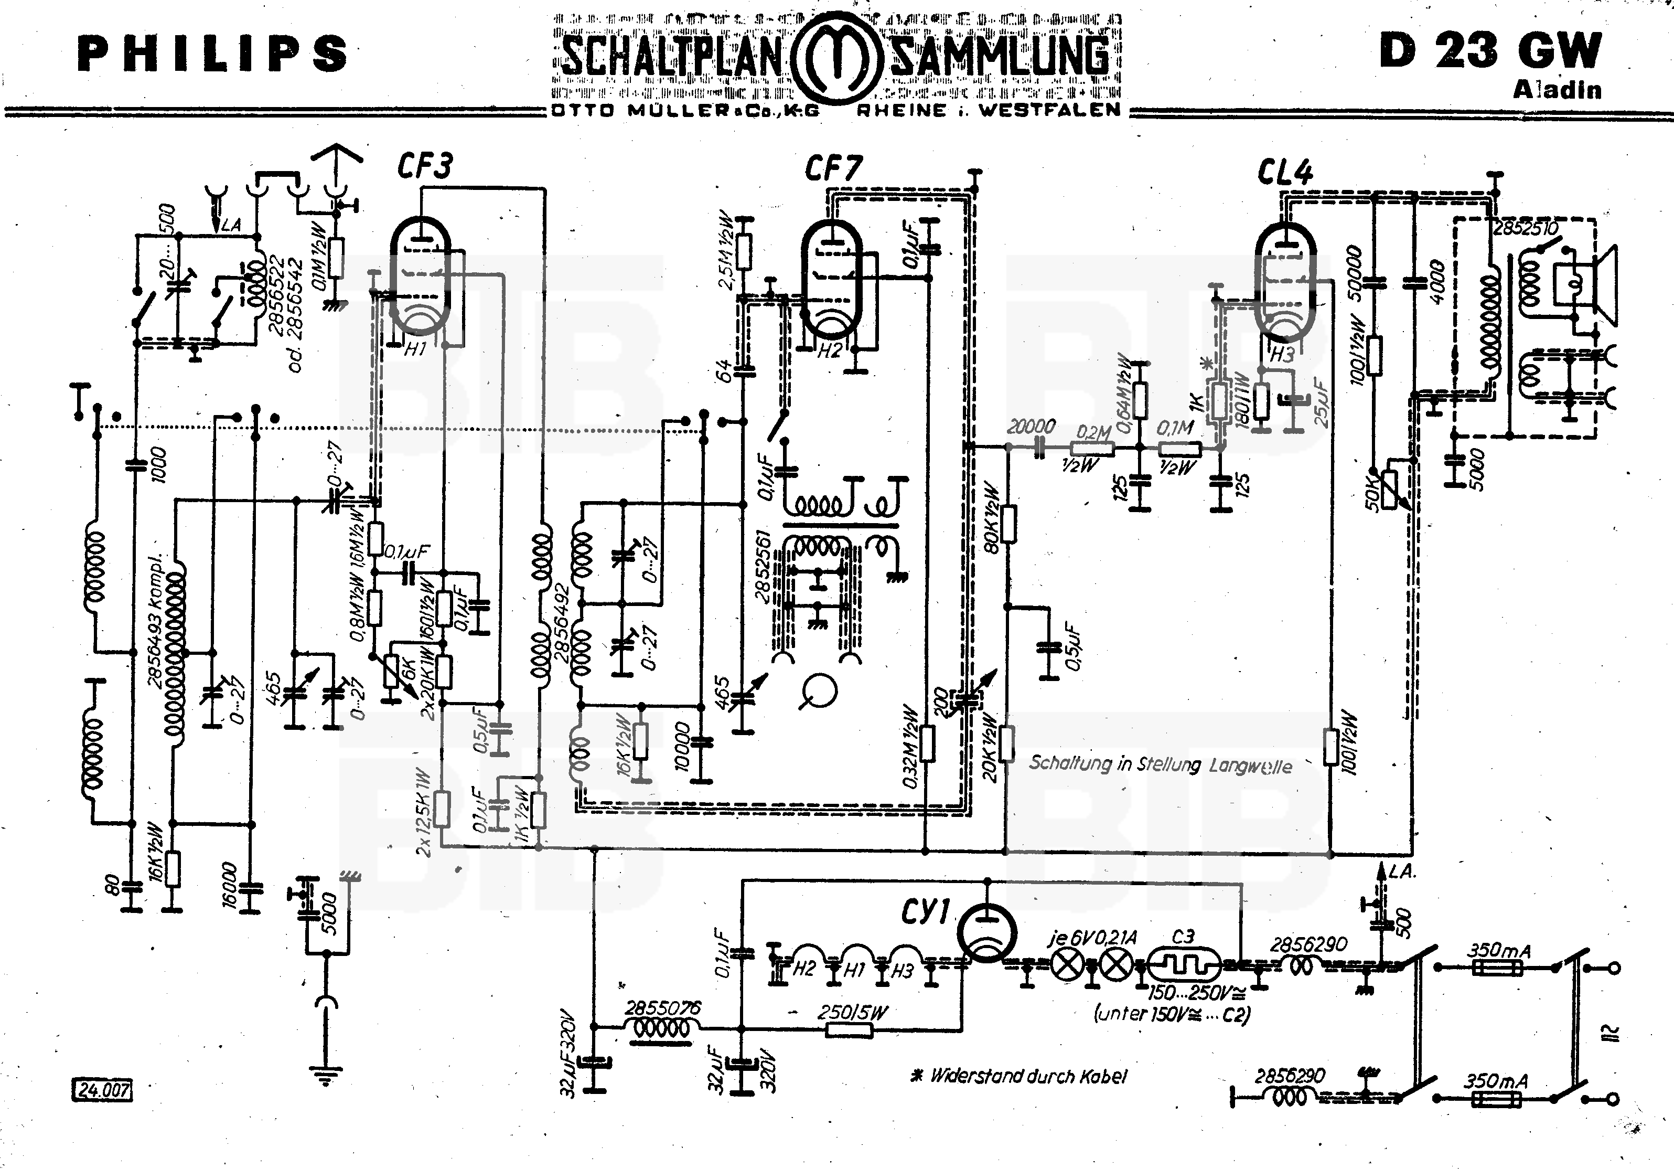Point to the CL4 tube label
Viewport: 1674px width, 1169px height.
tap(1285, 172)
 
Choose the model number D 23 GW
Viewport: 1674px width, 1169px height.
tap(1490, 51)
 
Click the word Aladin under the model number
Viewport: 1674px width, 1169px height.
tap(1558, 90)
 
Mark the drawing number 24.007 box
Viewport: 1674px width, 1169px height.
tap(102, 1090)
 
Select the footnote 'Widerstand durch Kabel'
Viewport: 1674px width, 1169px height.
tap(1021, 1076)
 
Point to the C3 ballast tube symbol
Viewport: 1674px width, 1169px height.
tap(1183, 967)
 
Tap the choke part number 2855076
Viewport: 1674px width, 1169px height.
tap(662, 1008)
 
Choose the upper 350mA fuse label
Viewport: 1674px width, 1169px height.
tap(1498, 950)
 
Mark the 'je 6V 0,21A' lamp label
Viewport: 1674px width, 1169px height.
tap(1092, 938)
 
